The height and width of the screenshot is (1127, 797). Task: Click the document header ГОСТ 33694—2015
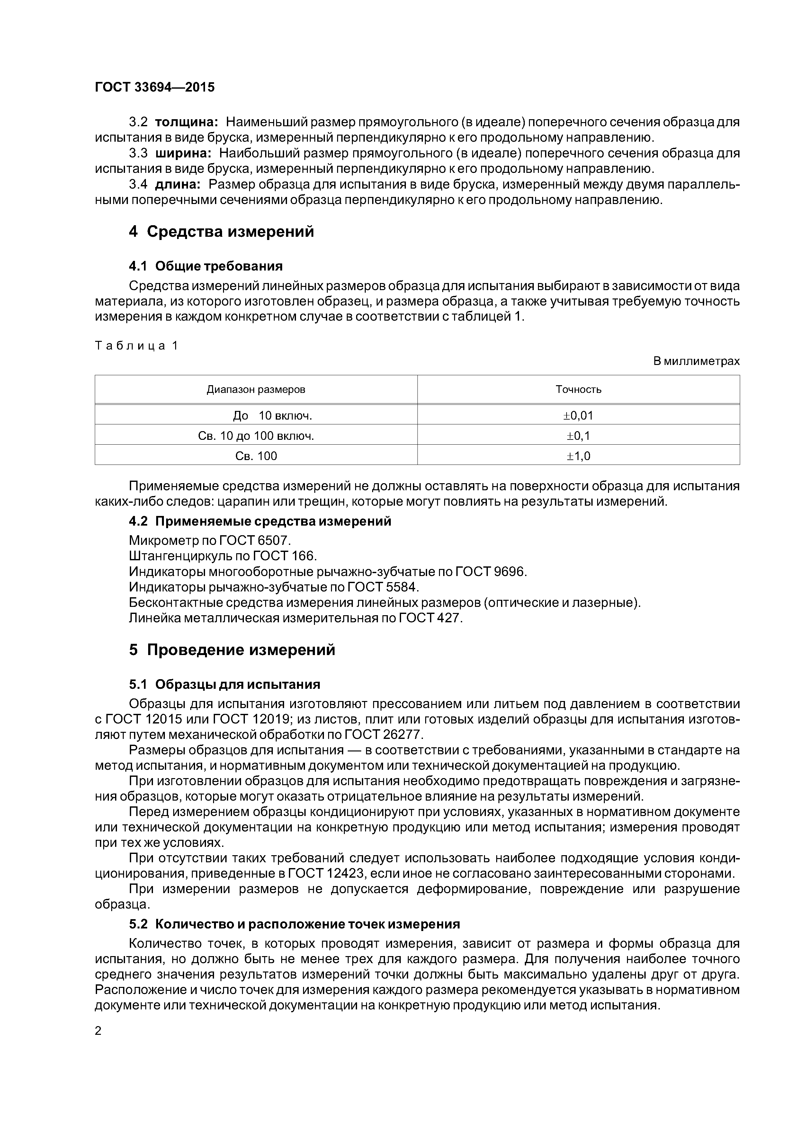155,87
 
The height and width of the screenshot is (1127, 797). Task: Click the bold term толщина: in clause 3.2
186,122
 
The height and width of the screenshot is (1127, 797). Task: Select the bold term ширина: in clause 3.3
183,153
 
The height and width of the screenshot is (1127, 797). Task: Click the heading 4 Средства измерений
221,231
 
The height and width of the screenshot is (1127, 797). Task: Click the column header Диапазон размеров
255,389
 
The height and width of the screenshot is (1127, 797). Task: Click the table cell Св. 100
255,456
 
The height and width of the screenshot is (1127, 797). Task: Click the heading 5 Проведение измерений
232,650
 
